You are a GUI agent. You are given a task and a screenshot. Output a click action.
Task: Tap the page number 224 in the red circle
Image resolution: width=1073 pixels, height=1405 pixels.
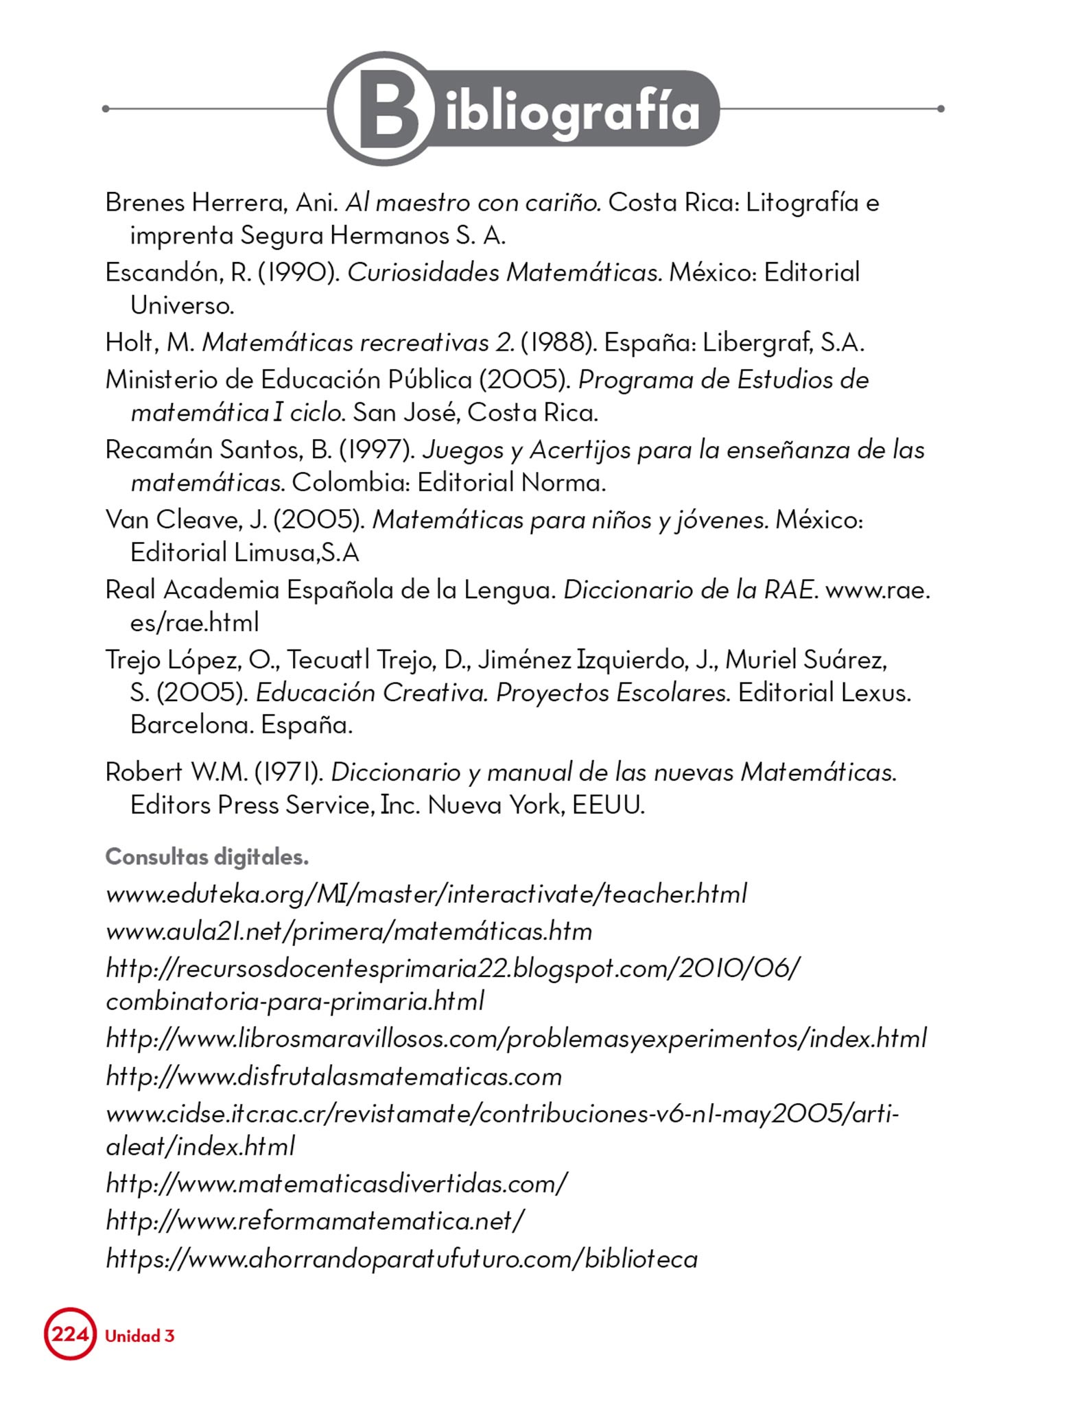(70, 1334)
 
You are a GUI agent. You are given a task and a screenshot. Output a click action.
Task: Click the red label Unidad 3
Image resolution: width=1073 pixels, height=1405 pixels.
(140, 1336)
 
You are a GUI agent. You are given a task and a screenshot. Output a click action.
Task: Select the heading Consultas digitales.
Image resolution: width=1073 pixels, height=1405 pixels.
(207, 857)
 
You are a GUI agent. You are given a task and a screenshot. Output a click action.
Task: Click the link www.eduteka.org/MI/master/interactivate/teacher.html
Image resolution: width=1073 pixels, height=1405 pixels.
(425, 895)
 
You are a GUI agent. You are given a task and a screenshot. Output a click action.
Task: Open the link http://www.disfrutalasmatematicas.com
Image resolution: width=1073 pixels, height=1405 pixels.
(333, 1076)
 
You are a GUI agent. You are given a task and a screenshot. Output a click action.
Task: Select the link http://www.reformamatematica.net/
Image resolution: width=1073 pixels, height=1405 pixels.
(315, 1220)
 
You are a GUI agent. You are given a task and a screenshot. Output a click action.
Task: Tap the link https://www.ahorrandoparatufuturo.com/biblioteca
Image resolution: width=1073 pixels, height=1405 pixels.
(401, 1259)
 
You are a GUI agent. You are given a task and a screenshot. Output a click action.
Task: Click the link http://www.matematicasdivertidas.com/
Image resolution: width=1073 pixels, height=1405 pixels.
(336, 1183)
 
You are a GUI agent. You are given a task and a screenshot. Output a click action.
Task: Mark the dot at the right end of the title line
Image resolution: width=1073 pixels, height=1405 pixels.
(941, 108)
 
